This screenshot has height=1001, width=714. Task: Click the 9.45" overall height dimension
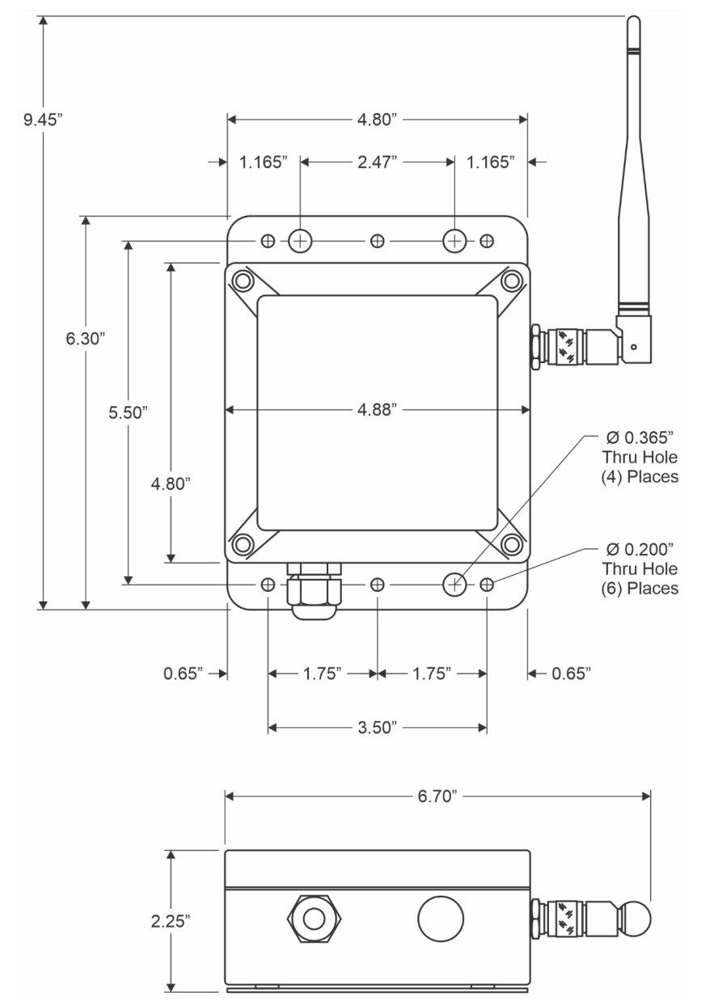click(x=43, y=120)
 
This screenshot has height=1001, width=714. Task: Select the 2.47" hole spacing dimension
click(x=377, y=162)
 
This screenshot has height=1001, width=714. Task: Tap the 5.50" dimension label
click(x=129, y=412)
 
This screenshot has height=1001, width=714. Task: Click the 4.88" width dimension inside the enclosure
click(x=377, y=410)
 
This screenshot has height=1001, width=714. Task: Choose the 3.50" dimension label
click(x=377, y=728)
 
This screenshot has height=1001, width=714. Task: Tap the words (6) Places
click(x=644, y=588)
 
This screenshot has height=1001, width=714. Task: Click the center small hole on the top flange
click(x=377, y=241)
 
